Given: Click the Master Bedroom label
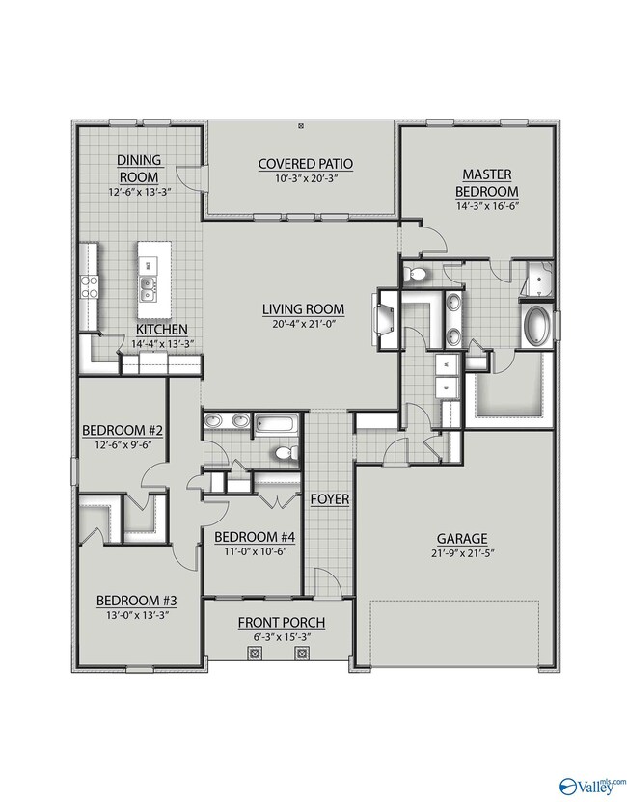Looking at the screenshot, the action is (487, 182).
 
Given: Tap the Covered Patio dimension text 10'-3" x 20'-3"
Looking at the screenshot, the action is (306, 179).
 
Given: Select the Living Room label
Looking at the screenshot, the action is (303, 309).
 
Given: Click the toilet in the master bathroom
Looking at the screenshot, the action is (415, 275).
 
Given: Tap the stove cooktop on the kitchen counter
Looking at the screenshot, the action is (89, 287).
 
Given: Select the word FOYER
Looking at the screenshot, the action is (330, 499).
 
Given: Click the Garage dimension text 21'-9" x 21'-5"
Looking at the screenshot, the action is (462, 553).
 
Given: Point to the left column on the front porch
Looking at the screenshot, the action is (255, 654).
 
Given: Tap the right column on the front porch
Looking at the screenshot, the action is (302, 654).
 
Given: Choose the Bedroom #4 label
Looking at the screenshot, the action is (255, 537).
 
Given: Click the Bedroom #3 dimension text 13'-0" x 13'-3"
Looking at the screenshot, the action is (138, 615).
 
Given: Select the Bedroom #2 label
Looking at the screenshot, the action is (123, 430).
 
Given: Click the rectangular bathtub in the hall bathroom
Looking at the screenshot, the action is (277, 424).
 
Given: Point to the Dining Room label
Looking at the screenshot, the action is (139, 169).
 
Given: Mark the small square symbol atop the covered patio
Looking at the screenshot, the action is (301, 124).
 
